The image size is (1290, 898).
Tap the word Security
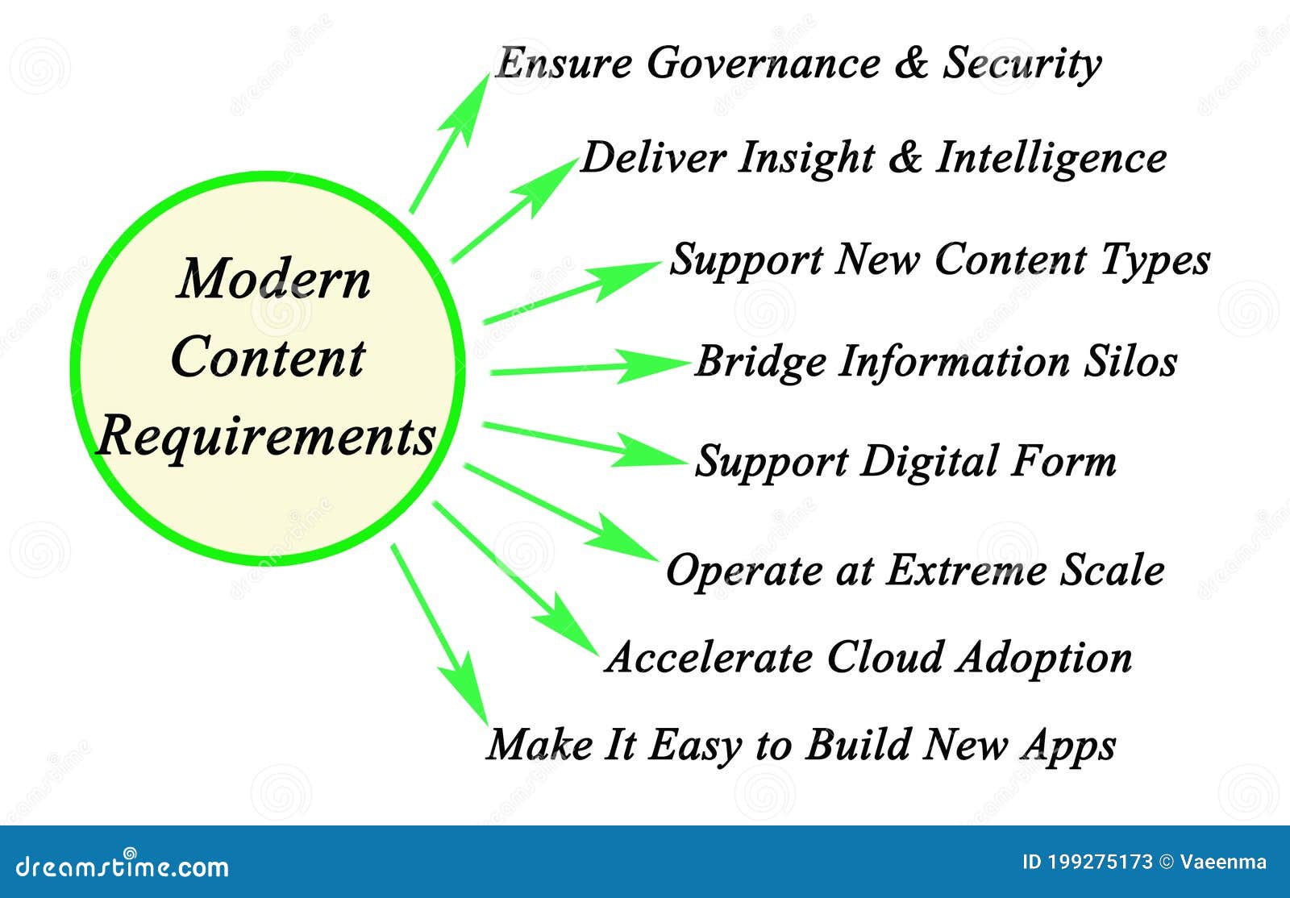point(1022,63)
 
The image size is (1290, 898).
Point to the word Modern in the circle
point(273,279)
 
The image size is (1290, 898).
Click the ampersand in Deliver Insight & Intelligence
point(904,158)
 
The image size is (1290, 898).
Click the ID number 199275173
point(1100,862)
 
